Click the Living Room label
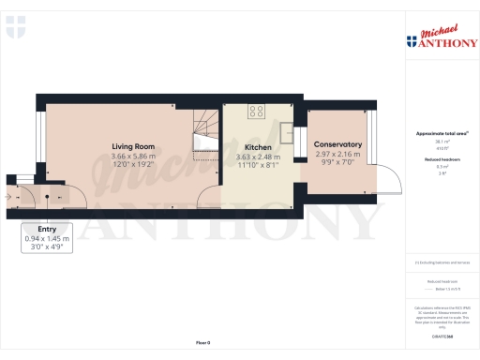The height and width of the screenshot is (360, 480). tap(132, 146)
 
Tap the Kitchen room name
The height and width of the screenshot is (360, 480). tap(258, 148)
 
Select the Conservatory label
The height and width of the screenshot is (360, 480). tap(338, 144)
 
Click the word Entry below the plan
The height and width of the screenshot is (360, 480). tap(47, 229)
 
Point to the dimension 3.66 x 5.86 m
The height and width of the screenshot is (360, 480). tap(132, 156)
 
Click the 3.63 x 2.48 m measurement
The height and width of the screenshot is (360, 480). tap(258, 157)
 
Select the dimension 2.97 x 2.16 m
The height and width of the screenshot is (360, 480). tap(338, 154)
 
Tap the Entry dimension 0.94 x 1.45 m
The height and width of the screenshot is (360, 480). tap(47, 239)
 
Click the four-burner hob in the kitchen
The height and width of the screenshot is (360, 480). tap(255, 112)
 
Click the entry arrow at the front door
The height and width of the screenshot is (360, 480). tap(8, 197)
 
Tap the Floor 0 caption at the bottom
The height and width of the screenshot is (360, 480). tap(202, 344)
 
